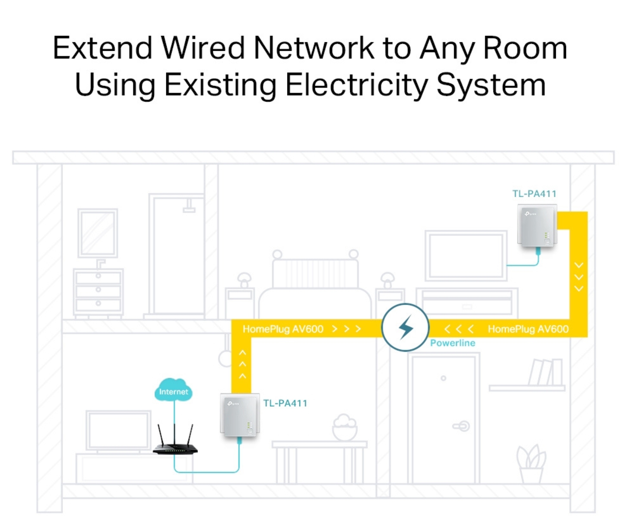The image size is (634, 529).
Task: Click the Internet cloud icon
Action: (173, 390)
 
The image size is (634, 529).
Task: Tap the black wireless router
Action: (175, 446)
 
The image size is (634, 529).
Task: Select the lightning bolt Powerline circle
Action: (405, 327)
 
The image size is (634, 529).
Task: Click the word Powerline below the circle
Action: (453, 343)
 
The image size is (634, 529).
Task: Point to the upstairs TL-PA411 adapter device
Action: (537, 226)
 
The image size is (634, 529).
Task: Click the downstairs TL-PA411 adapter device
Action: (240, 415)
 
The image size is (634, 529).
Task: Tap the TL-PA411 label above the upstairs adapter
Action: (534, 194)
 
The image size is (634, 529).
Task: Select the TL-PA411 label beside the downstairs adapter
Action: (285, 403)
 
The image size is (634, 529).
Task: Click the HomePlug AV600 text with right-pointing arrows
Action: (283, 329)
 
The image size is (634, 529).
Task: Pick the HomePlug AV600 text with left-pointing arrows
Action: (528, 329)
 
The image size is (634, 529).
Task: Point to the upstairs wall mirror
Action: (98, 233)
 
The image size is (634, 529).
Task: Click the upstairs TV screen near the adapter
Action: (466, 256)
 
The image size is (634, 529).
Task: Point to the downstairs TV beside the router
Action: (118, 431)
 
